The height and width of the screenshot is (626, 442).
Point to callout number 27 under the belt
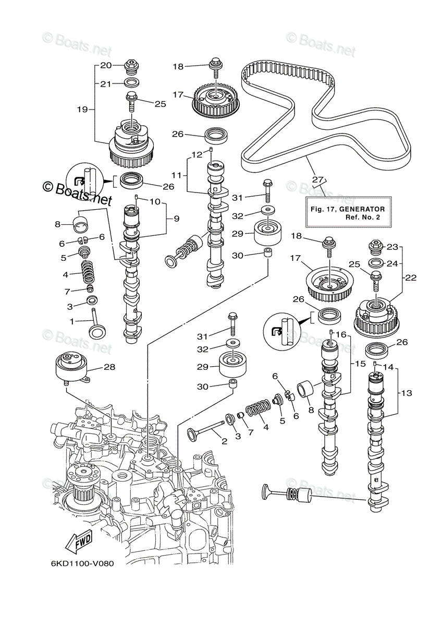coord(317,179)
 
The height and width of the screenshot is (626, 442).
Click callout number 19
coord(83,109)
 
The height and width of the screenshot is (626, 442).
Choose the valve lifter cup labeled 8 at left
coord(80,224)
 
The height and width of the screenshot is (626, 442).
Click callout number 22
coord(410,278)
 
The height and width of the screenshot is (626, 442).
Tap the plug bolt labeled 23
coord(376,247)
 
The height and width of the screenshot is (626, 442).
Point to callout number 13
coord(407,393)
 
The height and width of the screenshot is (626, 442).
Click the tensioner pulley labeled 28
coord(72,367)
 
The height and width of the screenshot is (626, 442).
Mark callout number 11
coord(177,175)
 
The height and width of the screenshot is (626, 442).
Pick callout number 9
coord(177,218)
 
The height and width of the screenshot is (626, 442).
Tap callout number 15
coord(360,364)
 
